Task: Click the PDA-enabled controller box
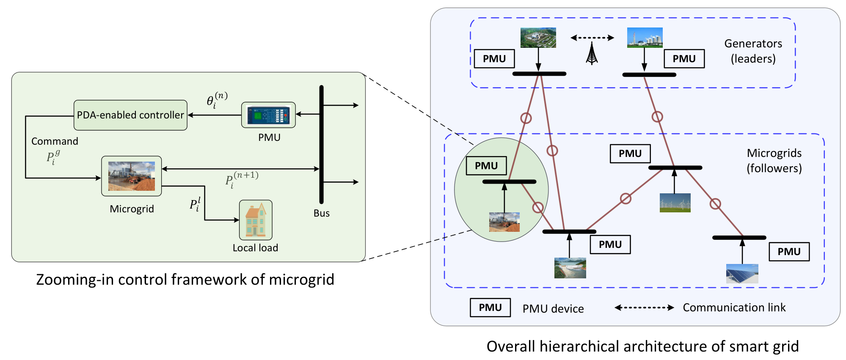(x=130, y=115)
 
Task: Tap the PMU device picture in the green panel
(x=268, y=115)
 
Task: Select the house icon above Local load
(x=256, y=220)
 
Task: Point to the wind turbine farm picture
(x=675, y=203)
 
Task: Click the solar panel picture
(x=742, y=274)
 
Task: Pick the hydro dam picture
(x=570, y=268)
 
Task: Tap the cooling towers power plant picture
(x=645, y=38)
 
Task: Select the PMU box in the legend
(x=490, y=308)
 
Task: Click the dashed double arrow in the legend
(x=644, y=308)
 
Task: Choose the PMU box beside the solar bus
(x=789, y=252)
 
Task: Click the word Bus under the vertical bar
(x=322, y=213)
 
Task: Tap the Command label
(x=55, y=141)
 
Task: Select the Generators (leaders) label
(x=753, y=51)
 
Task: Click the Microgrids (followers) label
(x=774, y=161)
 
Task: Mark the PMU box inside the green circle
(x=486, y=166)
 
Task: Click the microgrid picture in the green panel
(x=132, y=176)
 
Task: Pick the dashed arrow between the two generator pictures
(x=592, y=38)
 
